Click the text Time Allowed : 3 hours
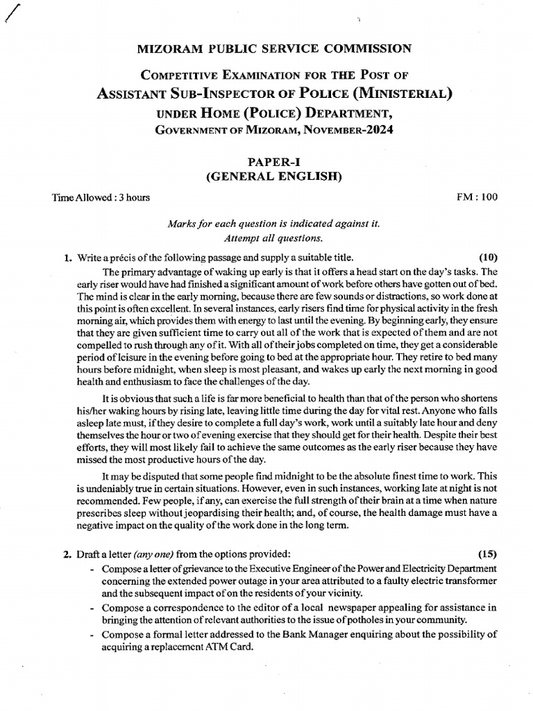click(x=101, y=198)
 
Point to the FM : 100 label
click(x=477, y=198)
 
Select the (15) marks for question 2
click(x=486, y=553)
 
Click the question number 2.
click(x=67, y=554)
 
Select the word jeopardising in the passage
click(x=228, y=512)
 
